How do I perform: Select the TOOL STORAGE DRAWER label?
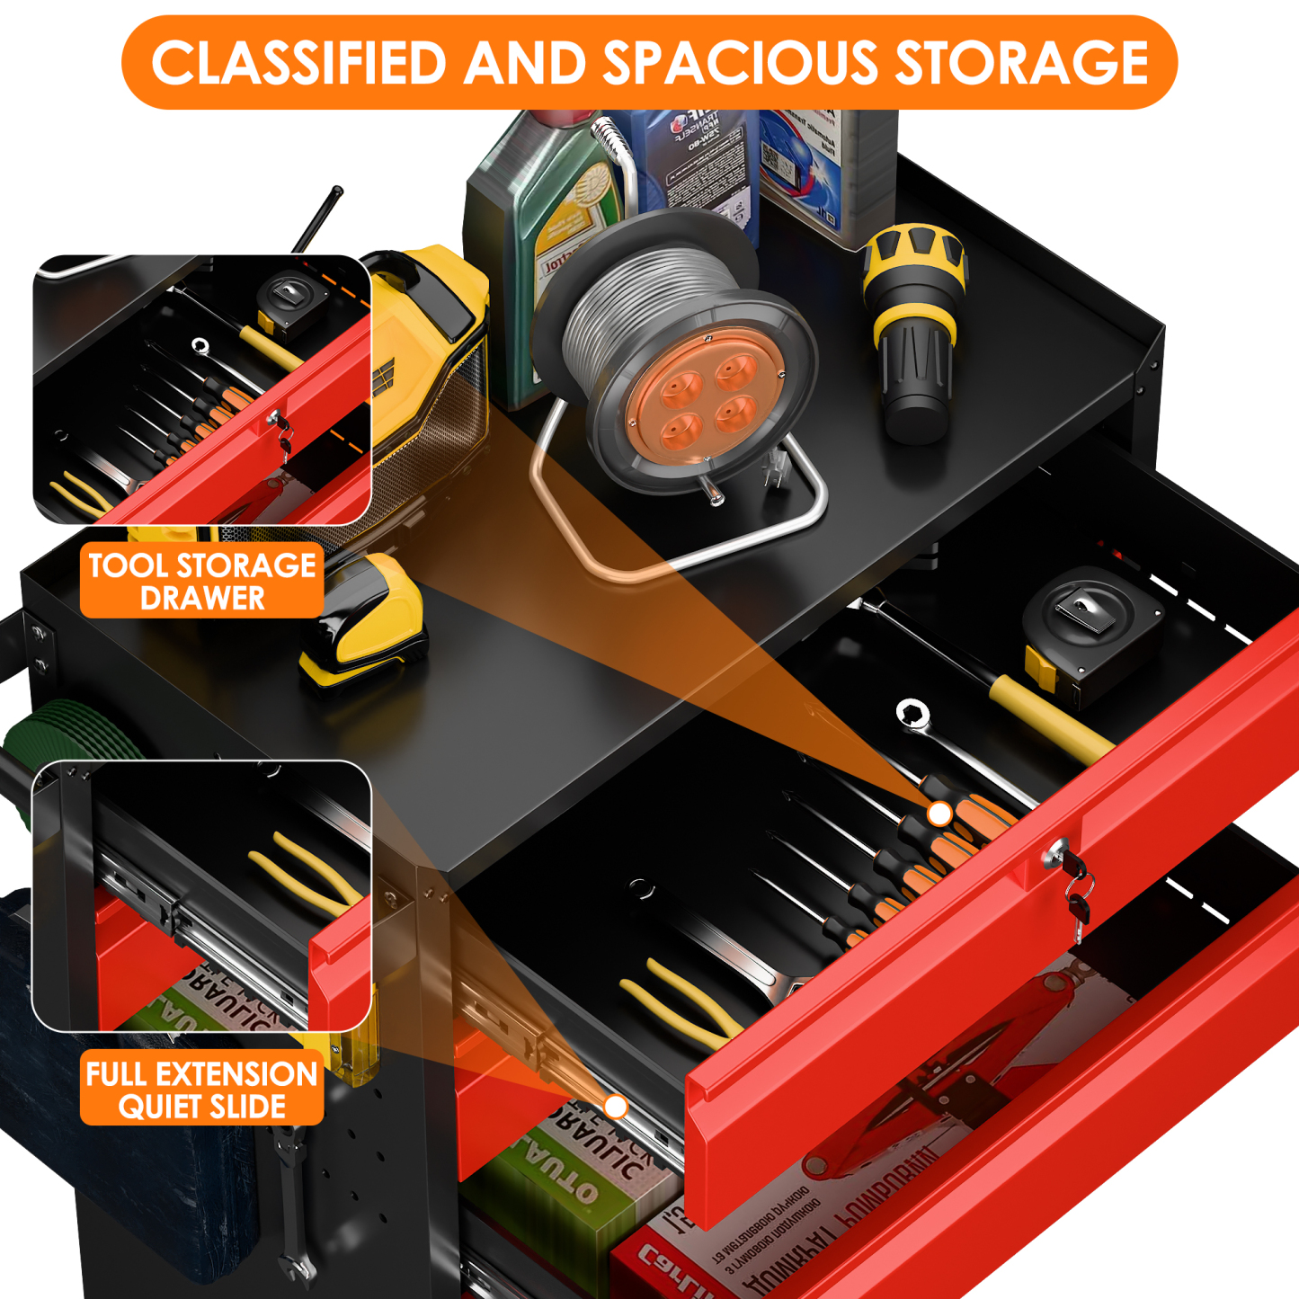pyautogui.click(x=202, y=581)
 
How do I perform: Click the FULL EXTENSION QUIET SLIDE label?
pyautogui.click(x=202, y=1089)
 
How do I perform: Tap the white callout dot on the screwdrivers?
pyautogui.click(x=939, y=814)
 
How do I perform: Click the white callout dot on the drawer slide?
pyautogui.click(x=615, y=1106)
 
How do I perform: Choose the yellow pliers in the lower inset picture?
pyautogui.click(x=306, y=872)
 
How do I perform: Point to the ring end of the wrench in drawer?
pyautogui.click(x=912, y=714)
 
